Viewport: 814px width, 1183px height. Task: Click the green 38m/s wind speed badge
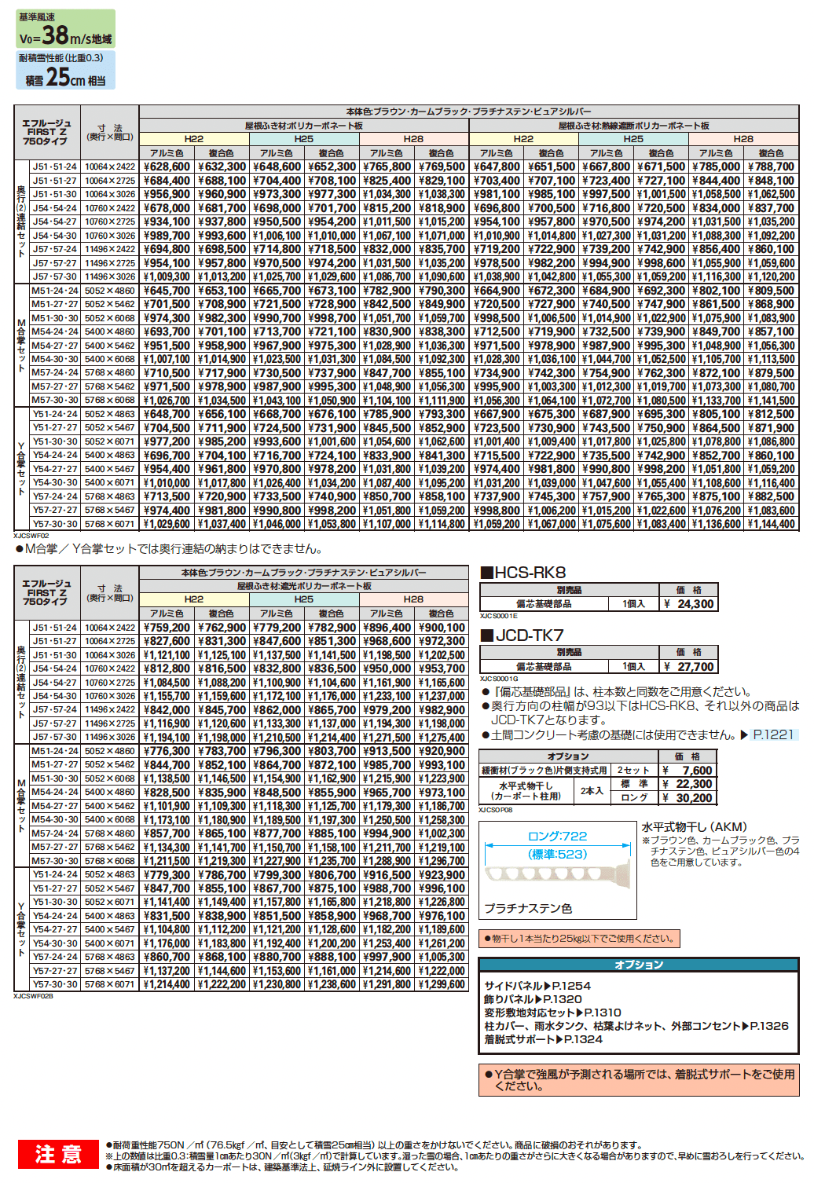(65, 28)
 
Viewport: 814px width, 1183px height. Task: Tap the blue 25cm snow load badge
(65, 71)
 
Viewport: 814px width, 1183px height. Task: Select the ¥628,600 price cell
(167, 167)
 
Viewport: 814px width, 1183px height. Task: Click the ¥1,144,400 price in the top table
(772, 524)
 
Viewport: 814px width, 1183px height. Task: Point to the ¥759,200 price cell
(167, 628)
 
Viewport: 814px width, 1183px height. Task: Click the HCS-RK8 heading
(523, 573)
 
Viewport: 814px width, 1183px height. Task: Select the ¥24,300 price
(690, 604)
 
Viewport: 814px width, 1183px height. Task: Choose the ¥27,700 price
(690, 667)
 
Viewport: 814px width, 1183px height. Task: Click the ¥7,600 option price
(691, 771)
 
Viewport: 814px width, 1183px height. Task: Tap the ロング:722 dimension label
(558, 837)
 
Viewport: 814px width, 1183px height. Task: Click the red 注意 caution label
(59, 1154)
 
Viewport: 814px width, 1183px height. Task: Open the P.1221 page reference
(773, 734)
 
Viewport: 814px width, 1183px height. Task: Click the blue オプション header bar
(639, 965)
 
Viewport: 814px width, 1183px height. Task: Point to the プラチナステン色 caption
(527, 908)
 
